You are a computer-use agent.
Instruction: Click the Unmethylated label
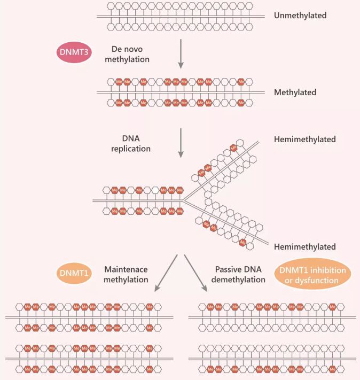point(300,15)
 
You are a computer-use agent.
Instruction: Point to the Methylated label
point(295,92)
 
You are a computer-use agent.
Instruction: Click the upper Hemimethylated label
point(304,139)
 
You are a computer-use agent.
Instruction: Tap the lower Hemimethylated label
point(304,247)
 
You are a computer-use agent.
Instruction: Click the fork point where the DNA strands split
point(185,200)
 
